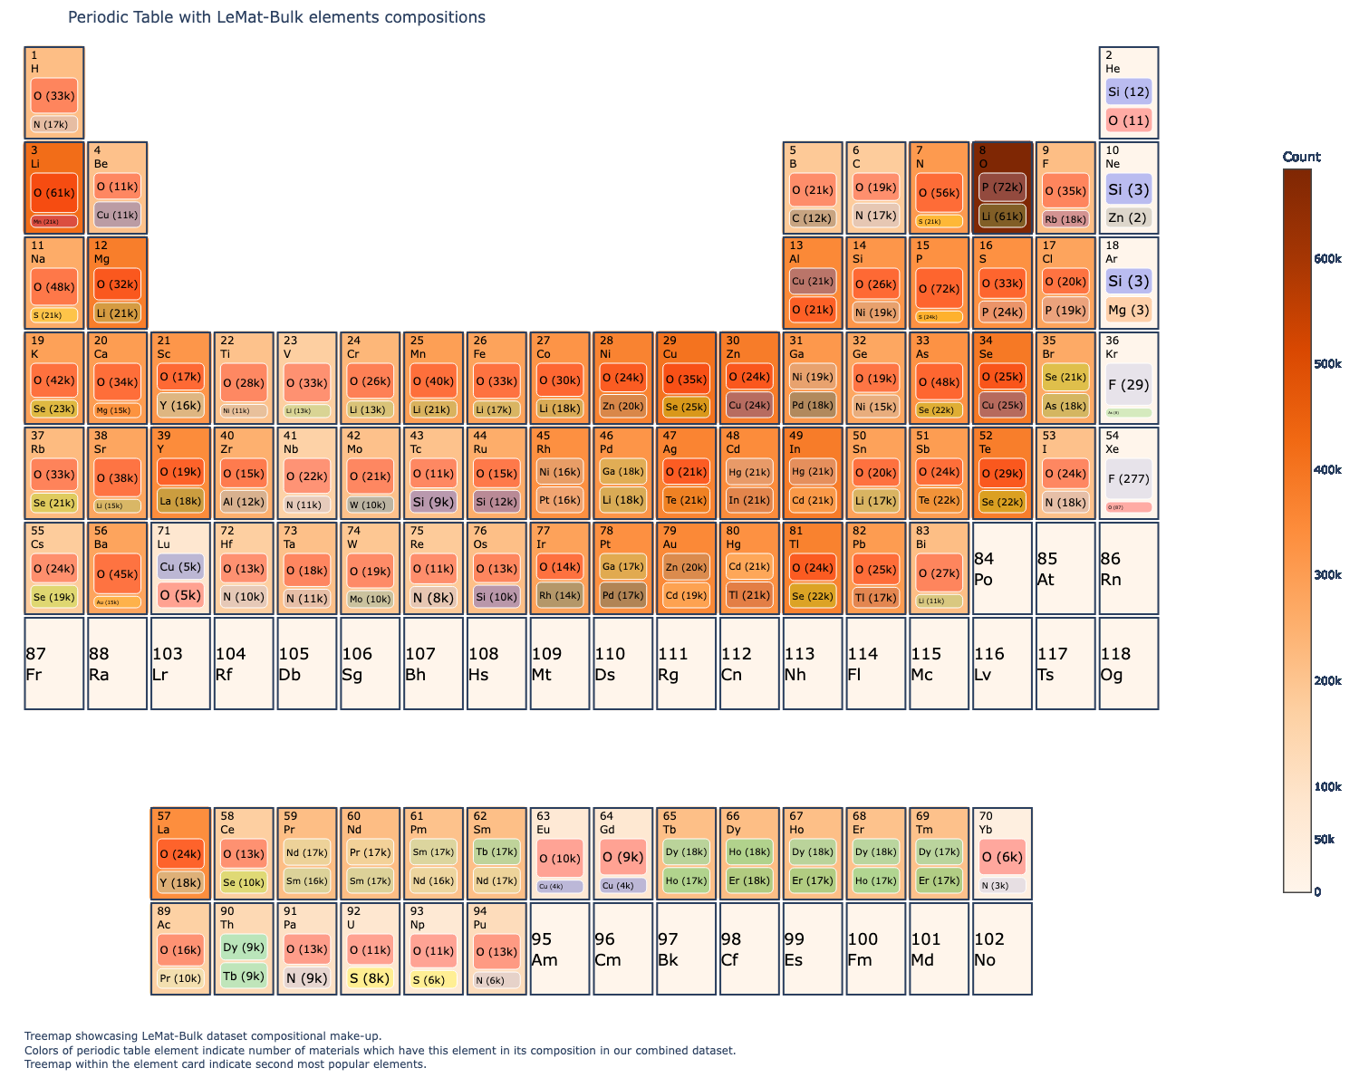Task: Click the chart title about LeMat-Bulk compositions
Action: coord(276,17)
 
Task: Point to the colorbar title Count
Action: coord(1301,157)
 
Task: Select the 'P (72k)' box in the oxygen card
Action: coord(1002,188)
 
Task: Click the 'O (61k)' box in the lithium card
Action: coord(54,193)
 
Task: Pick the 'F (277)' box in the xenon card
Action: coord(1128,479)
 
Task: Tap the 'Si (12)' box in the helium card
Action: coord(1128,91)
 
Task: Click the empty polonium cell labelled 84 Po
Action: coord(1001,569)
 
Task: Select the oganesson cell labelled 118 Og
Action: coord(1128,664)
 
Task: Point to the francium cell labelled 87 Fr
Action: coord(54,664)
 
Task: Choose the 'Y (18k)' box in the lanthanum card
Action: coord(180,883)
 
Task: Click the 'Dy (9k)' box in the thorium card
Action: coord(244,948)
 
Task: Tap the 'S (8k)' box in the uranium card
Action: coord(370,978)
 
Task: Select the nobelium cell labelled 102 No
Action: coord(1001,949)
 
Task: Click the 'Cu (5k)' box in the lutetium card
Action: coord(180,567)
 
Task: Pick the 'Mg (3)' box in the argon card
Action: coord(1128,310)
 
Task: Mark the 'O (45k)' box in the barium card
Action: coord(118,573)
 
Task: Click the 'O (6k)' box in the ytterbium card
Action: coord(1002,857)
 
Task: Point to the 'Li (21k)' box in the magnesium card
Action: coord(118,313)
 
